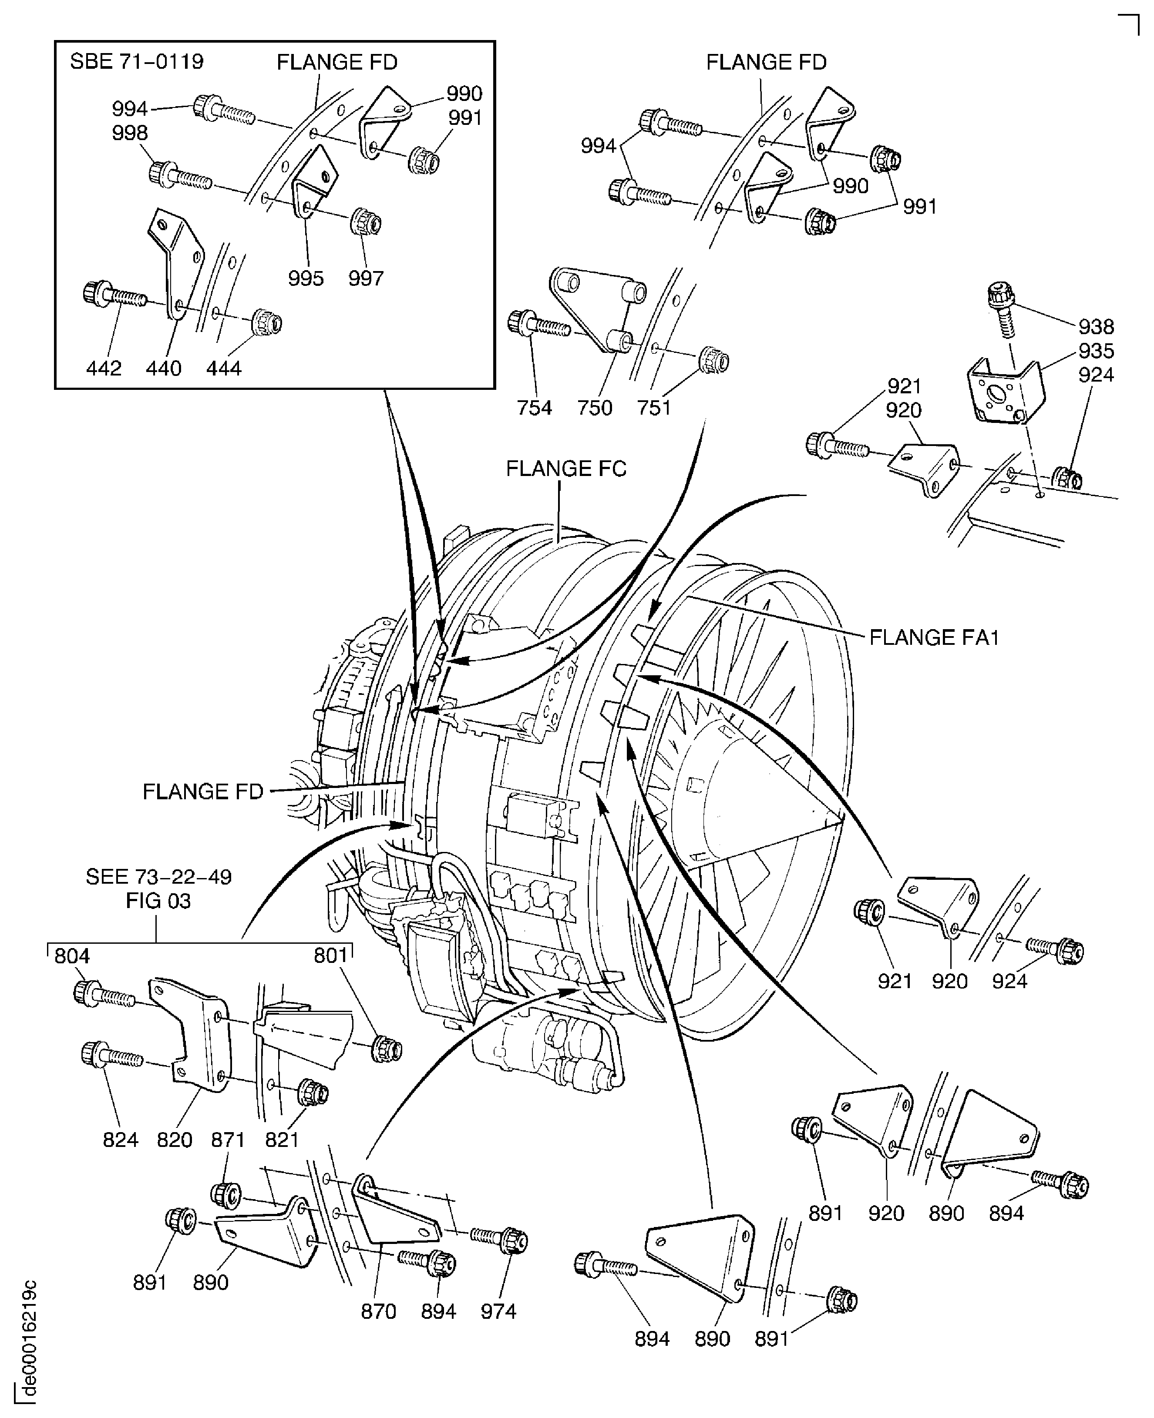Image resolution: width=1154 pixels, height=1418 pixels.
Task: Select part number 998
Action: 130,133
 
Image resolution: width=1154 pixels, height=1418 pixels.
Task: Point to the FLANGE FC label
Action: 566,469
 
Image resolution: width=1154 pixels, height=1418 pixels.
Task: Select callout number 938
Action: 1096,326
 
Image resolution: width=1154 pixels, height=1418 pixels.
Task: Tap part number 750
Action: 594,407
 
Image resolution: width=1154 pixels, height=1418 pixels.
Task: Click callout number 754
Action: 535,407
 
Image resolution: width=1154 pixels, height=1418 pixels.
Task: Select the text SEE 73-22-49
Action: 158,877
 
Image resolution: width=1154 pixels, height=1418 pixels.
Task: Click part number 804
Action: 72,956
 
